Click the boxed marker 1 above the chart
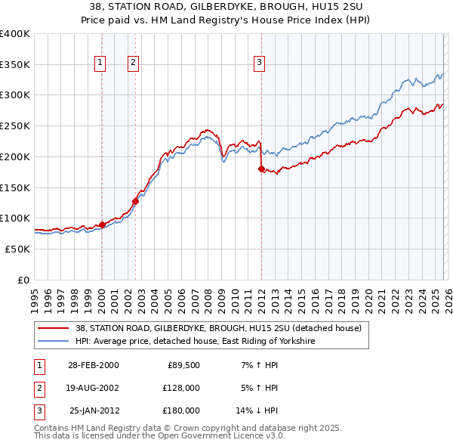(100, 63)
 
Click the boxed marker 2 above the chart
(133, 63)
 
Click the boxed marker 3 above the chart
(259, 63)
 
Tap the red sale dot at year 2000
(102, 225)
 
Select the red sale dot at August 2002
(135, 201)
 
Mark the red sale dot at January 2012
(261, 169)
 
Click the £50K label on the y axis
(17, 249)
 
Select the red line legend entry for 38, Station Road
(219, 328)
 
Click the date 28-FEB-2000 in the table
(93, 365)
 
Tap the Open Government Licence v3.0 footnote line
(159, 436)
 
